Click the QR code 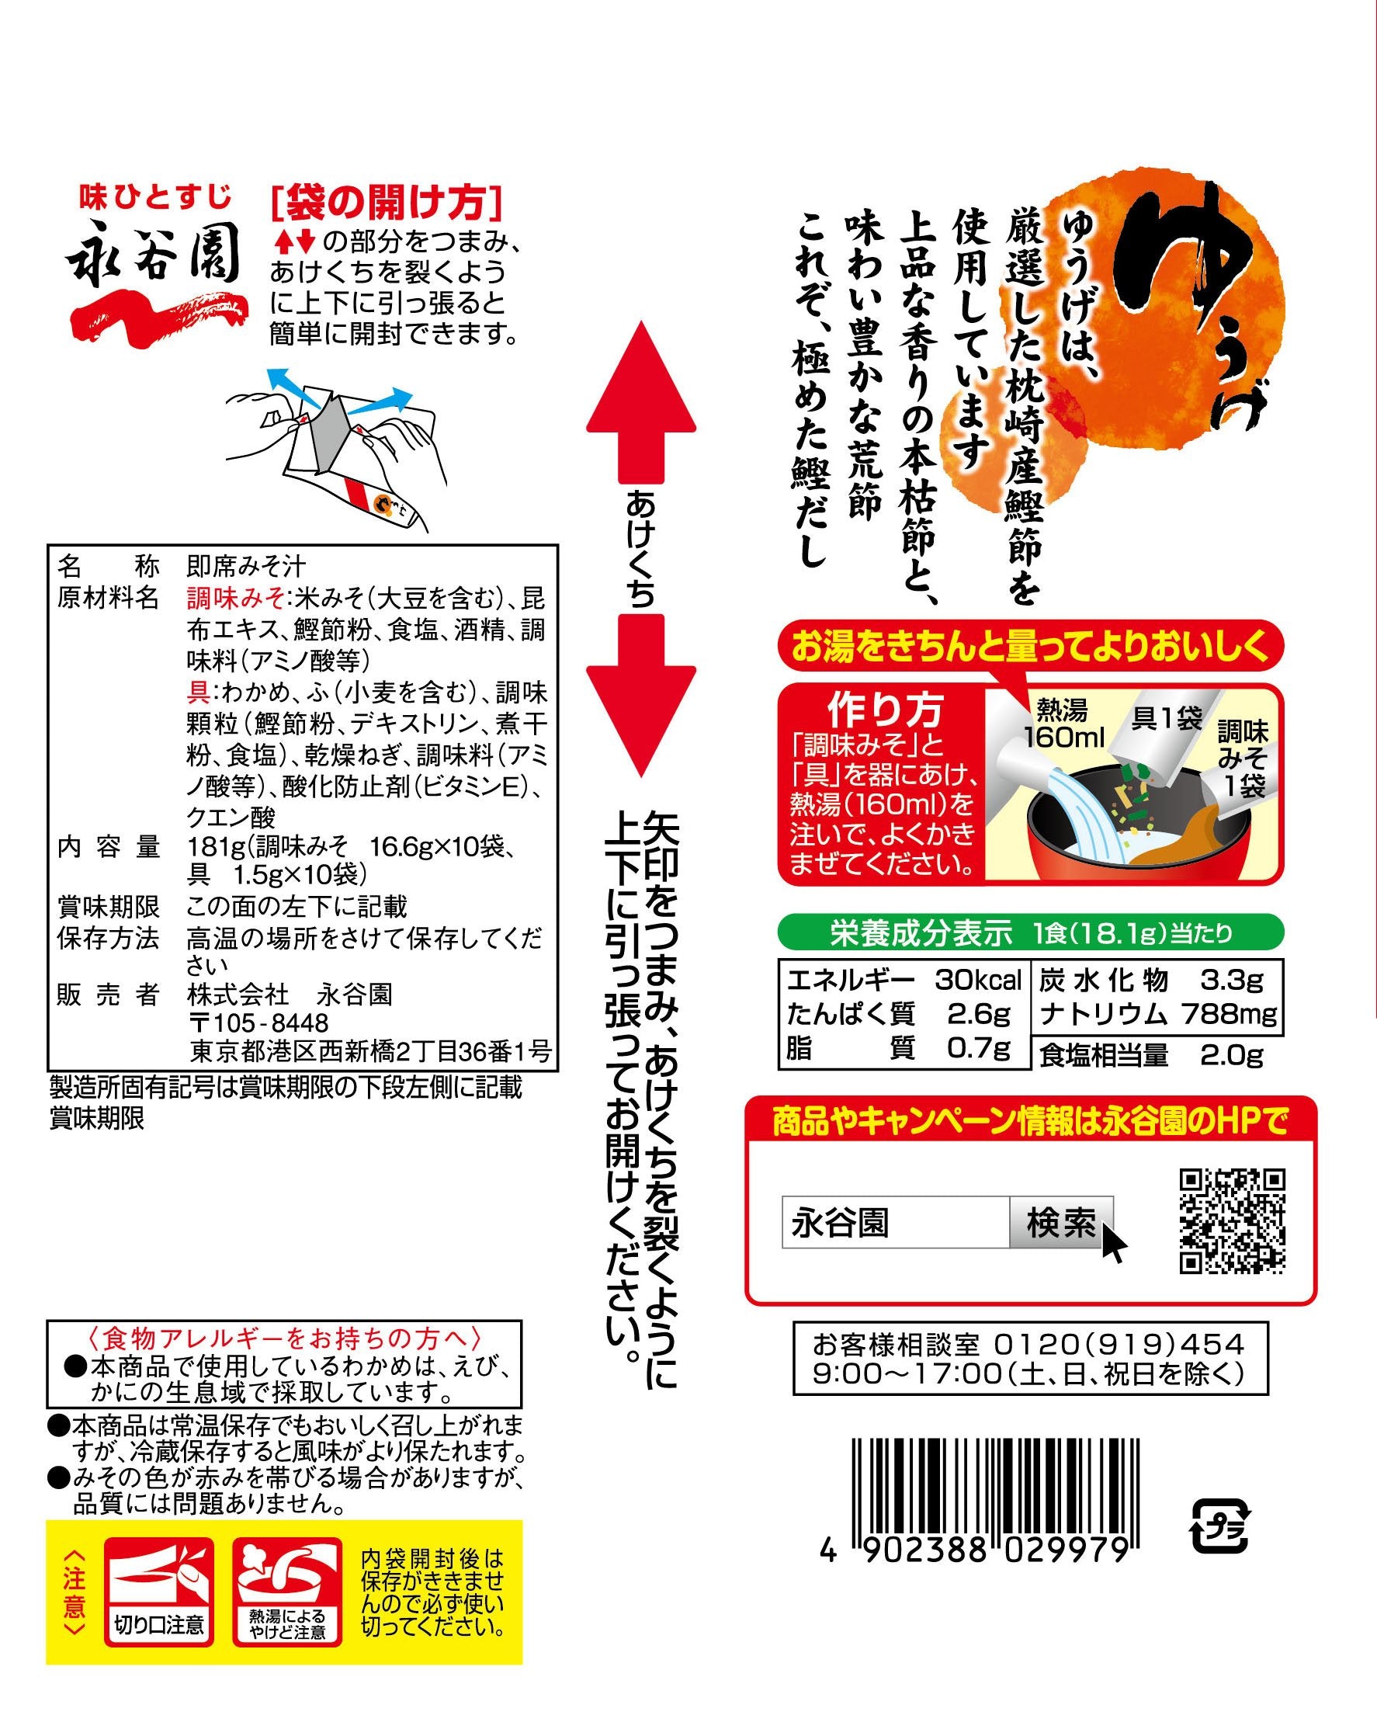click(x=1232, y=1221)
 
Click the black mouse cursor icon click(x=1113, y=1243)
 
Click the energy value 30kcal click(x=977, y=980)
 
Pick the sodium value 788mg click(x=1229, y=1014)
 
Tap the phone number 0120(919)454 click(x=1119, y=1344)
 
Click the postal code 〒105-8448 click(x=258, y=1023)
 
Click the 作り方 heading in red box click(x=886, y=709)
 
